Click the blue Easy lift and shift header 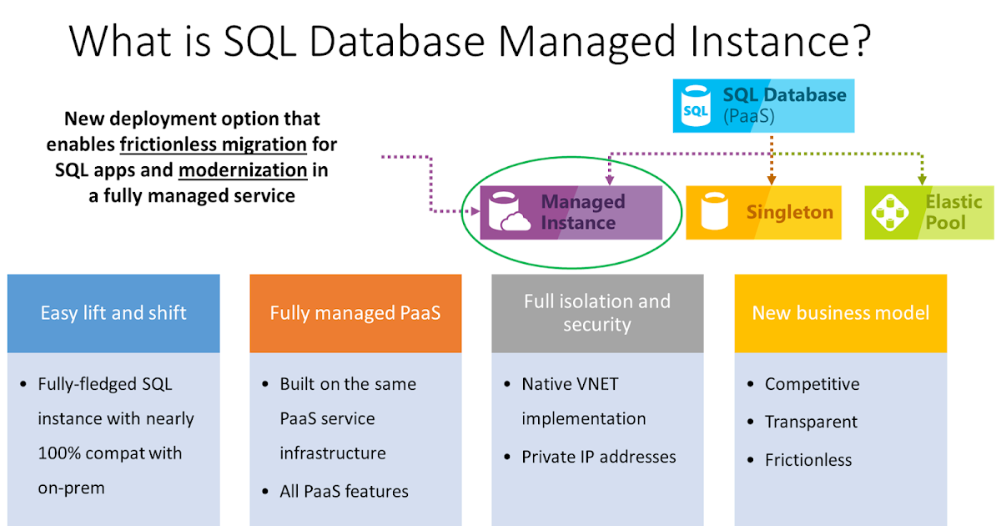(x=113, y=313)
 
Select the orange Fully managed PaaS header (x=355, y=313)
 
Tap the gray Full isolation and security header (x=597, y=313)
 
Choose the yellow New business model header (x=840, y=313)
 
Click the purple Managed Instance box (x=571, y=212)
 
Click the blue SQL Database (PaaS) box (x=763, y=105)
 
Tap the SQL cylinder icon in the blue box (x=696, y=106)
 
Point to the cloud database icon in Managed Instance (x=510, y=212)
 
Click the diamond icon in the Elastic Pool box (x=889, y=212)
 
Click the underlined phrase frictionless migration (x=214, y=144)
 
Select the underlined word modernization (x=243, y=170)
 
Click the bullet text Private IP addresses (x=599, y=457)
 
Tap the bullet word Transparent (x=811, y=422)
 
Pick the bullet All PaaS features (x=344, y=492)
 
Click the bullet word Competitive (x=812, y=384)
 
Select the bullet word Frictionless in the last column (x=808, y=460)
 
